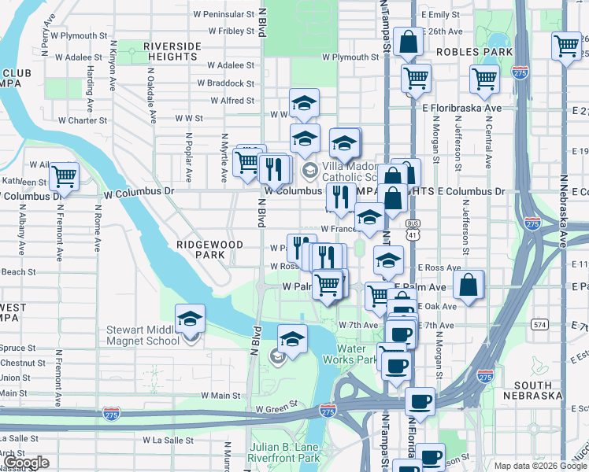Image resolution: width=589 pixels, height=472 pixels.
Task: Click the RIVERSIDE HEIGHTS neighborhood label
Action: [171, 51]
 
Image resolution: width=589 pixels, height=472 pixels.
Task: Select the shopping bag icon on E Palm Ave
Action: [468, 286]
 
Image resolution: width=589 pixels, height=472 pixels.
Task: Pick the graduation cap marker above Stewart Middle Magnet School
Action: [189, 318]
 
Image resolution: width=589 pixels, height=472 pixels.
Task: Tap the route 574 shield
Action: [539, 324]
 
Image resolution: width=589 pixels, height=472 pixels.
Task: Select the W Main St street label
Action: [220, 395]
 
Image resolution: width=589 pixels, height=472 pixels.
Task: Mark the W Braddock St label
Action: [225, 83]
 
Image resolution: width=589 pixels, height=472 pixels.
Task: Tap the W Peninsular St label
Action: [224, 14]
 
